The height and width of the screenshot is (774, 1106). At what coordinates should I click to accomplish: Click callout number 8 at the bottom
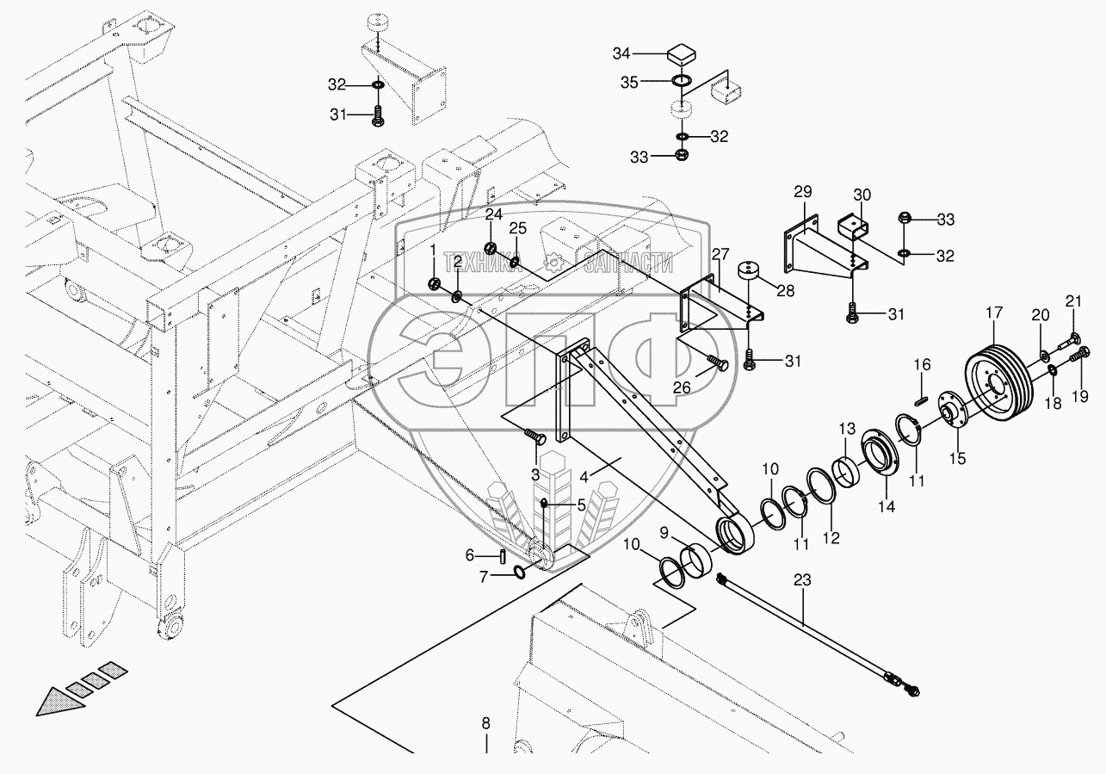pyautogui.click(x=485, y=722)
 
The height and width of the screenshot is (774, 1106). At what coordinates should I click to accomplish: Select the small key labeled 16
pyautogui.click(x=919, y=399)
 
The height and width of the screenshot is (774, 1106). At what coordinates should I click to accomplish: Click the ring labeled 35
pyautogui.click(x=682, y=82)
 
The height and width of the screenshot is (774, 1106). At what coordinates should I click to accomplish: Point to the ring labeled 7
pyautogui.click(x=520, y=573)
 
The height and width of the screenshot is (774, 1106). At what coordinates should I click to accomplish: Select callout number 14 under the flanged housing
pyautogui.click(x=886, y=507)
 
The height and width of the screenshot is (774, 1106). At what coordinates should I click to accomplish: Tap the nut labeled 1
pyautogui.click(x=435, y=284)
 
